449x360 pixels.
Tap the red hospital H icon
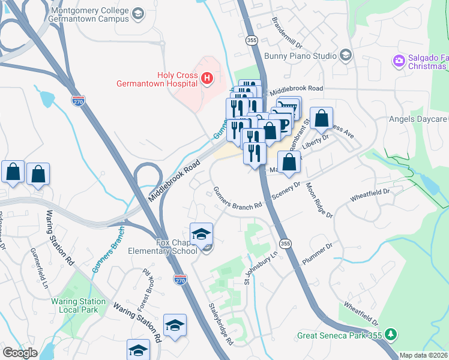tap(207, 79)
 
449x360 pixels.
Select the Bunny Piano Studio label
tap(305, 56)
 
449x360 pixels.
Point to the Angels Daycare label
tap(418, 119)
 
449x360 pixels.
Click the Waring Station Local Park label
tap(83, 305)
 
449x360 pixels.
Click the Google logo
tap(20, 352)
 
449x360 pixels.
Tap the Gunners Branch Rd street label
tap(238, 199)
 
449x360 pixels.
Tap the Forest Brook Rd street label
tap(142, 290)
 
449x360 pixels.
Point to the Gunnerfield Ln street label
tap(35, 272)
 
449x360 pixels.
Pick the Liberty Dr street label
tap(316, 143)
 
